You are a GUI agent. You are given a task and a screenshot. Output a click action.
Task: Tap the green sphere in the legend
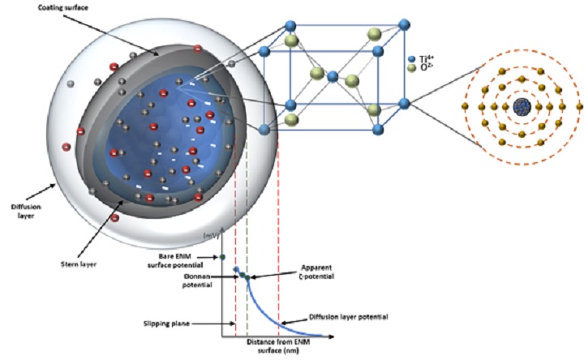pos(413,70)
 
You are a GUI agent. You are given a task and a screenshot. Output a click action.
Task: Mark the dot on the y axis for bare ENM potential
pos(221,258)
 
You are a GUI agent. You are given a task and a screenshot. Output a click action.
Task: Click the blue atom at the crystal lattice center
pos(331,78)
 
